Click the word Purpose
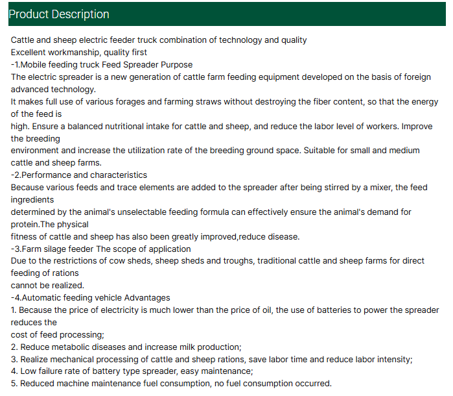(x=176, y=64)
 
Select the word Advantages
(x=146, y=297)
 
